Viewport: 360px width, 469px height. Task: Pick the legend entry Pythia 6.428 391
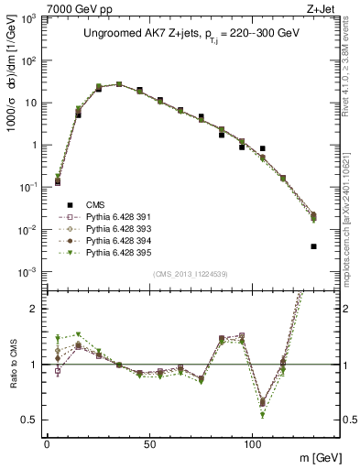pos(110,218)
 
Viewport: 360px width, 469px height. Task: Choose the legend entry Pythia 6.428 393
pos(110,229)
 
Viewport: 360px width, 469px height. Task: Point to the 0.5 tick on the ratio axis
pos(30,420)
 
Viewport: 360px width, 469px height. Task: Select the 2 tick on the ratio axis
pos(35,309)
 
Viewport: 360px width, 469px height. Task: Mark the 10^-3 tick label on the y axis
pos(27,272)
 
